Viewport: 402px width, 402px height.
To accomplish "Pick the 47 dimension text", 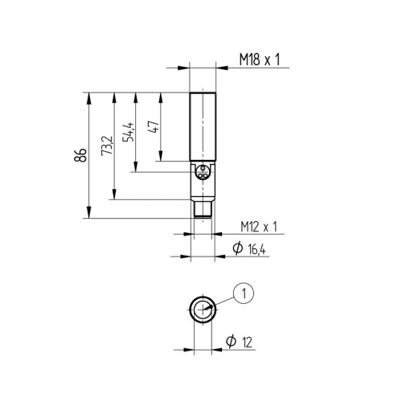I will (153, 126).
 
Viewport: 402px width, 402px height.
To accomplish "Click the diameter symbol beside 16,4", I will (237, 251).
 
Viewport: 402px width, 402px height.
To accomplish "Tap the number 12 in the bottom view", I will (252, 343).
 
